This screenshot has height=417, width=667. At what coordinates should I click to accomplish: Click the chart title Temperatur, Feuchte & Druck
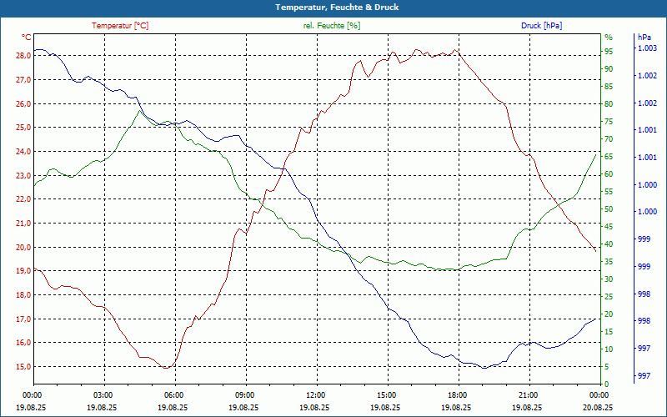click(x=333, y=7)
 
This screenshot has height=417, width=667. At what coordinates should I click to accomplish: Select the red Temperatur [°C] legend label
click(x=120, y=26)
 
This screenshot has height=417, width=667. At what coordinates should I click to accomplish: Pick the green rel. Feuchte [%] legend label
click(x=332, y=26)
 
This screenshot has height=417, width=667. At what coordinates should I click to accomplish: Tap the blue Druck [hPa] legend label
click(x=541, y=26)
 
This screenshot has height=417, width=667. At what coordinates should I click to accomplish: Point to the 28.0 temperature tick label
click(x=23, y=56)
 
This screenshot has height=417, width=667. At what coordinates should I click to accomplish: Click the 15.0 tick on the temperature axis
click(x=23, y=367)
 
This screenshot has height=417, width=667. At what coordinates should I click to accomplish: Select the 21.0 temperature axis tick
click(x=23, y=224)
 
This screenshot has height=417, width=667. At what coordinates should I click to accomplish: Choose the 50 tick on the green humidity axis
click(x=609, y=209)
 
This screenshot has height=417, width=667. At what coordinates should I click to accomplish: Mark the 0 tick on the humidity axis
click(x=607, y=384)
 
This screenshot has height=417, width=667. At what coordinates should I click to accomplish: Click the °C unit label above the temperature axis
click(x=27, y=38)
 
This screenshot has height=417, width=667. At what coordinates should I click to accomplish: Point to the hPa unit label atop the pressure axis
click(x=644, y=38)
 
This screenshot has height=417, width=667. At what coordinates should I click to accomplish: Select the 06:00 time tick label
click(x=173, y=394)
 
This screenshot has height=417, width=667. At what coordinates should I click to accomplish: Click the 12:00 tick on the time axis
click(x=315, y=394)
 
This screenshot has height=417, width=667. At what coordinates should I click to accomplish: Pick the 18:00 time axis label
click(x=457, y=394)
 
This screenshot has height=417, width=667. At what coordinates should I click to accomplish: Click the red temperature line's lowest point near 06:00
click(x=167, y=368)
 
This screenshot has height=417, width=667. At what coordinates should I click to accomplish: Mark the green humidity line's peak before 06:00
click(x=139, y=110)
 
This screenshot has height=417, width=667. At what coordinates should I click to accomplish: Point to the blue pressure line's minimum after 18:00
click(x=484, y=368)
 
